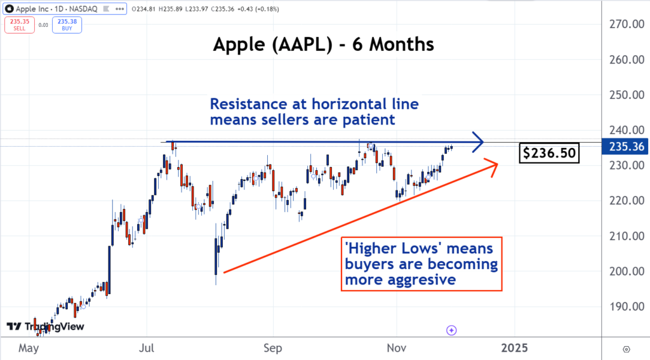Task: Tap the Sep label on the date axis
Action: [272, 348]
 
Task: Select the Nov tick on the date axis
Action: [396, 348]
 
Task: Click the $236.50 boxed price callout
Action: [549, 152]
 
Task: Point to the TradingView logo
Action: [44, 326]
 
